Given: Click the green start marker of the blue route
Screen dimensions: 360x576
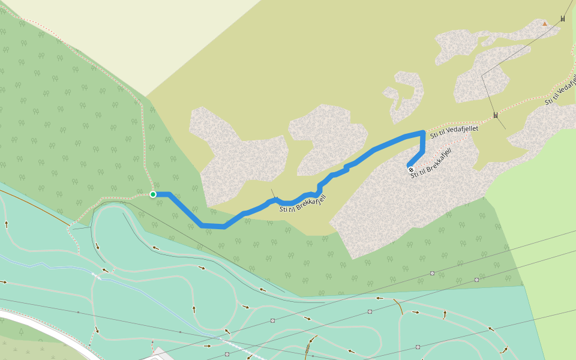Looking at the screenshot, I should pos(153,194).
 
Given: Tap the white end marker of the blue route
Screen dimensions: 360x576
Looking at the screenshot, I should pos(410,169).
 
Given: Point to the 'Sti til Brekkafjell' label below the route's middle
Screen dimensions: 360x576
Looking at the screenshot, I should pos(302,204).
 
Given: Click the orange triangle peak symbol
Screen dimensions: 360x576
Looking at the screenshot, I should pos(544,24).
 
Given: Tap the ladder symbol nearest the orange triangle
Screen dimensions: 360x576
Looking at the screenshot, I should pos(563,19).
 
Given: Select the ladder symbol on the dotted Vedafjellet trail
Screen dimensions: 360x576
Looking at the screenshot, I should pos(496,115).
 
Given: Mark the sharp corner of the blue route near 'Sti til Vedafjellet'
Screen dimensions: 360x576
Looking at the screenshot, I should pos(424,132).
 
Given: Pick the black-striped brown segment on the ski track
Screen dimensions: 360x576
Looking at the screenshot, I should pos(308,347).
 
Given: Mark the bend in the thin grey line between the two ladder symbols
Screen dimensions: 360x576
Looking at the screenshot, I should pos(483,76).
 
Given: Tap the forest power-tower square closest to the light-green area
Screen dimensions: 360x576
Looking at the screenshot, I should pos(476,280).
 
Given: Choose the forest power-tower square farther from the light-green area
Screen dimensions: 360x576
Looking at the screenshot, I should pos(432,273).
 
